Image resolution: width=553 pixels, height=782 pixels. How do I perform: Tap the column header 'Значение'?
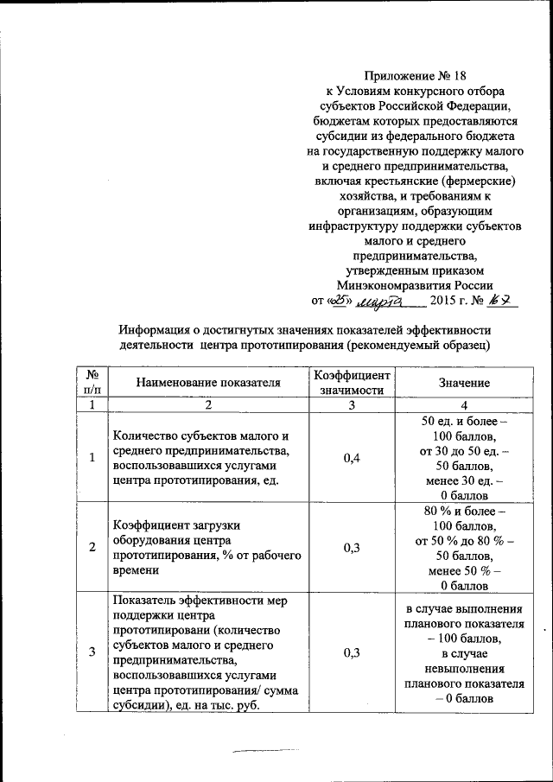tap(463, 382)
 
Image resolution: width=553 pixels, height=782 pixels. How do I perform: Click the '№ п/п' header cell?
tap(91, 382)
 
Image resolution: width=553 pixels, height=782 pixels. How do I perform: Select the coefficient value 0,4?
tap(351, 458)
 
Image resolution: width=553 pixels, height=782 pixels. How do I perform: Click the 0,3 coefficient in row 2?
tap(351, 548)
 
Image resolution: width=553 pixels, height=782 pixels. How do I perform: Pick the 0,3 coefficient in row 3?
tap(351, 652)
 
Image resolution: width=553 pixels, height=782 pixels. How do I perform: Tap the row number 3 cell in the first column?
tap(91, 652)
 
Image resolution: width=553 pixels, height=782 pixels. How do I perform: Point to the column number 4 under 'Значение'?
tap(463, 404)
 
